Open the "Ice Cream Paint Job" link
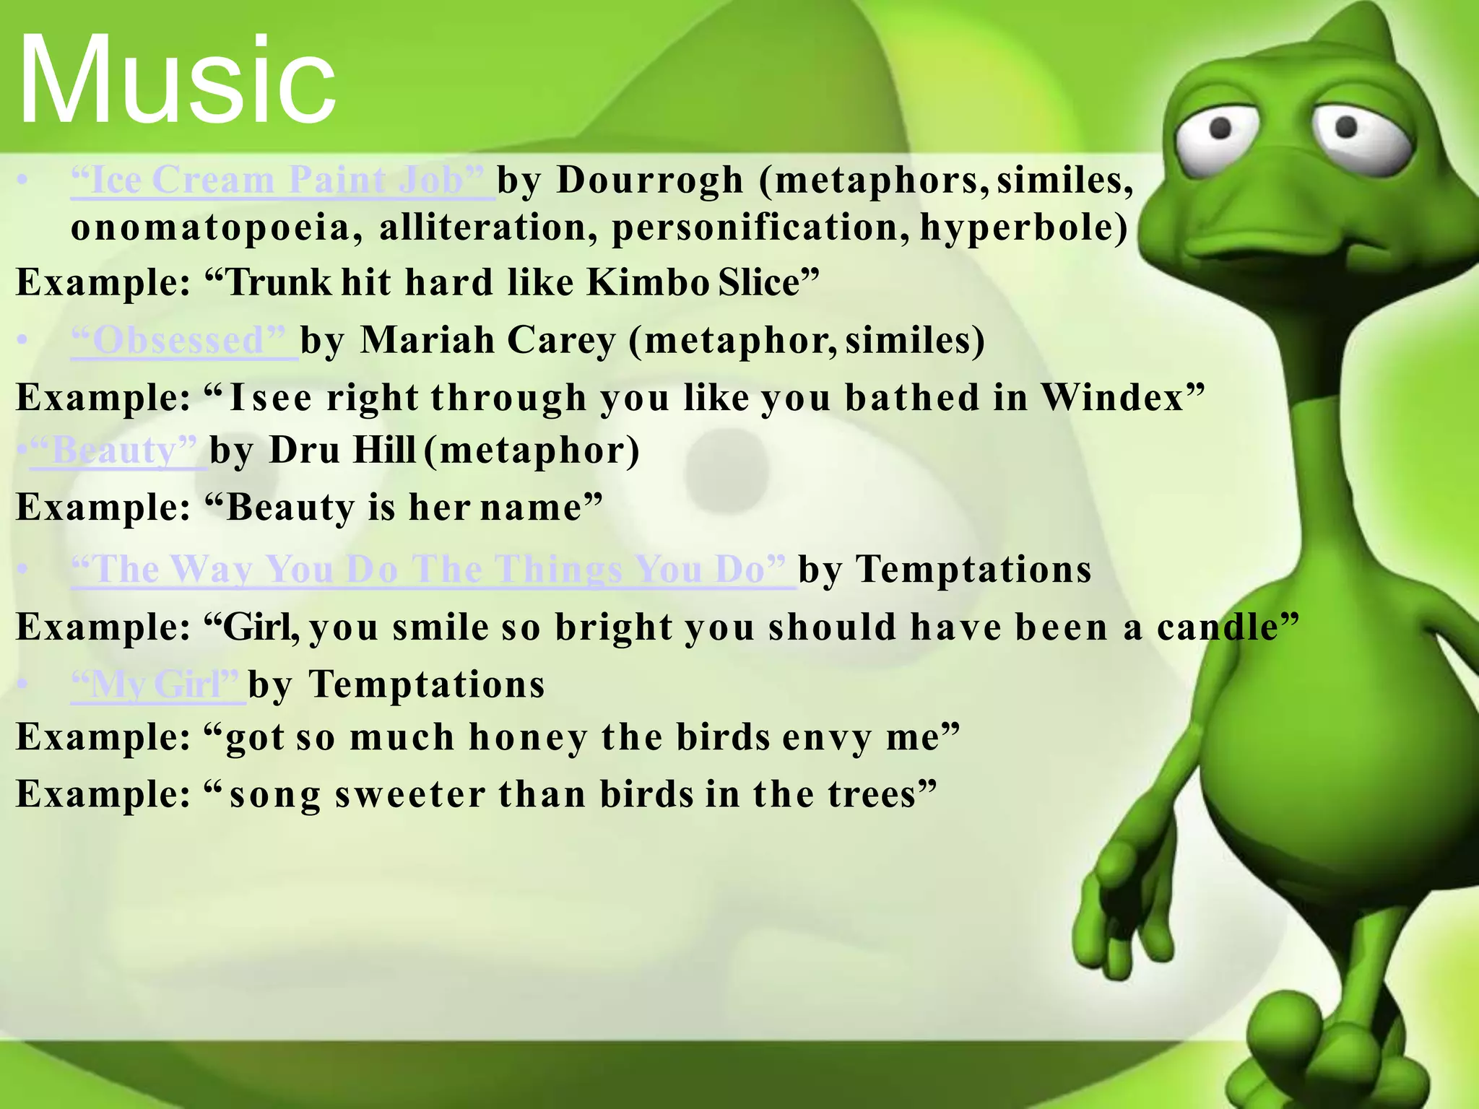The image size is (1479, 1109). (282, 180)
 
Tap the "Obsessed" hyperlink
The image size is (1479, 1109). (184, 339)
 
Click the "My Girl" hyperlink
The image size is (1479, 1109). (158, 684)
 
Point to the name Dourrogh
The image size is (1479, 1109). (650, 180)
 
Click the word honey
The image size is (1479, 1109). (528, 737)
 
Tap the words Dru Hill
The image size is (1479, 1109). (343, 451)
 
